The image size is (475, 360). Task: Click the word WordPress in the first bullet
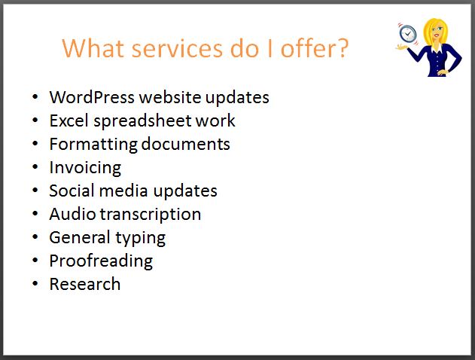(92, 97)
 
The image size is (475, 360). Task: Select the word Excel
(69, 121)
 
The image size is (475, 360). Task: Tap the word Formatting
(93, 145)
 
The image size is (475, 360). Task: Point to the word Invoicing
(85, 168)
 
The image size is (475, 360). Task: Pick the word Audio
(73, 214)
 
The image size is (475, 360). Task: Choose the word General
(79, 237)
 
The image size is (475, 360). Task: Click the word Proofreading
(101, 261)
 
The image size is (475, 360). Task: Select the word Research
(85, 284)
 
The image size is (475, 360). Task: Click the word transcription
(151, 215)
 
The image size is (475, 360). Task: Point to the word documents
(186, 144)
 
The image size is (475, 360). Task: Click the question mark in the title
(343, 48)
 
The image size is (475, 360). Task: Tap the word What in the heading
(93, 48)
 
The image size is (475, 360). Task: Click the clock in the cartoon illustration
(408, 33)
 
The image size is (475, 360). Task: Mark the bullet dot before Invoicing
(35, 167)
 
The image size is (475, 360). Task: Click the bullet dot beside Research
(35, 284)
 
